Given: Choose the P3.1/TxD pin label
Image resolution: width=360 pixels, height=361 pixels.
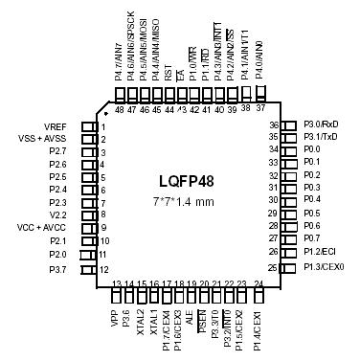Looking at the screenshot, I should click(321, 137).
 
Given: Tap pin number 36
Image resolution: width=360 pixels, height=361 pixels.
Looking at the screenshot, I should click(273, 125).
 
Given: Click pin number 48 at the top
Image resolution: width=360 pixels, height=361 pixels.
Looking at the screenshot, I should click(119, 110).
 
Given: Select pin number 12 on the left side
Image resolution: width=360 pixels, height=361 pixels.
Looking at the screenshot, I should click(101, 269).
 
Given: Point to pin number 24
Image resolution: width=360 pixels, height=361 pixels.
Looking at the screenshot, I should click(259, 284).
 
